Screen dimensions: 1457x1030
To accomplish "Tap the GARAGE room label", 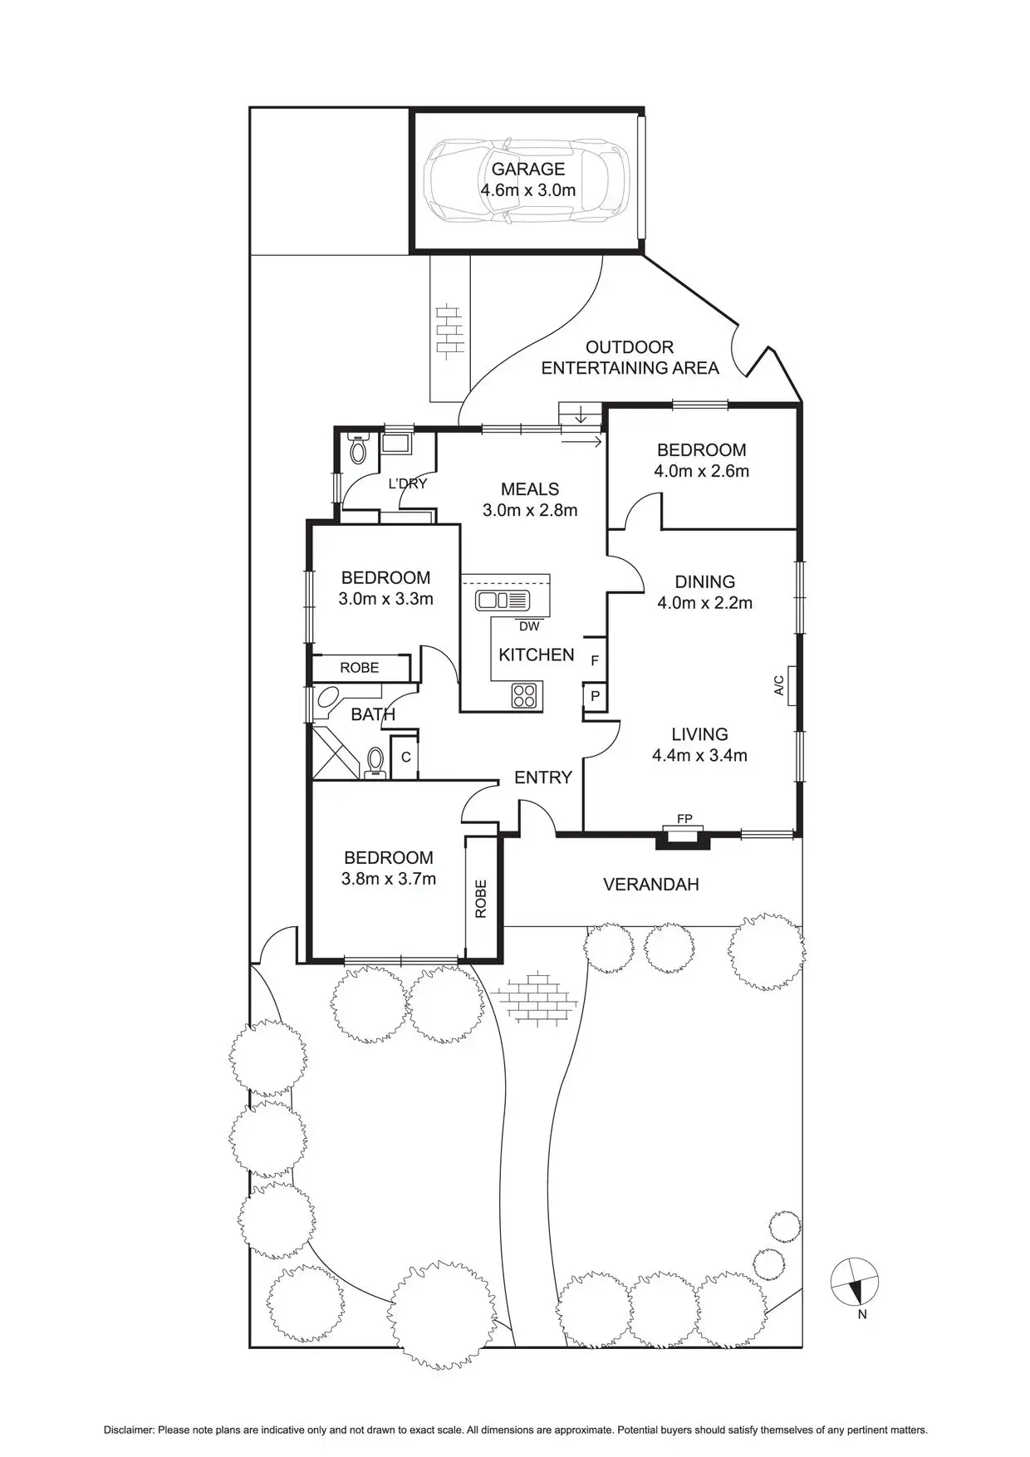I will pyautogui.click(x=527, y=169).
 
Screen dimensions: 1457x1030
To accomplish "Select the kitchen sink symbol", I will pyautogui.click(x=502, y=600).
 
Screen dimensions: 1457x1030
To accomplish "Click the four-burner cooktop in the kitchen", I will pyautogui.click(x=524, y=694).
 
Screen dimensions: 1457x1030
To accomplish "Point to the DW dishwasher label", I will pyautogui.click(x=528, y=626).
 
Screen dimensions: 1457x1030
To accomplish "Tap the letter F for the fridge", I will pyautogui.click(x=594, y=661).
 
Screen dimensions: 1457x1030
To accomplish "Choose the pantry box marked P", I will pyautogui.click(x=595, y=696).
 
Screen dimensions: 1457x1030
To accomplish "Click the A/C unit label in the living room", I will pyautogui.click(x=778, y=685).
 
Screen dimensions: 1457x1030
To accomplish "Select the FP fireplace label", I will pyautogui.click(x=684, y=819).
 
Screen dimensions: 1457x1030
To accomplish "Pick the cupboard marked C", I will pyautogui.click(x=405, y=757).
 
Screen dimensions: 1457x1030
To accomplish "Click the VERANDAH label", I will pyautogui.click(x=650, y=885).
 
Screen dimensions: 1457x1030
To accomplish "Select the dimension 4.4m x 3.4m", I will pyautogui.click(x=699, y=755).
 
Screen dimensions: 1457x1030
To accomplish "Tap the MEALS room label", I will pyautogui.click(x=530, y=489).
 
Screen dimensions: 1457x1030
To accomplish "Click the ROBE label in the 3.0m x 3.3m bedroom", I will pyautogui.click(x=359, y=667).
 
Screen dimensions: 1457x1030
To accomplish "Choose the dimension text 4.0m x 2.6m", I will pyautogui.click(x=701, y=471).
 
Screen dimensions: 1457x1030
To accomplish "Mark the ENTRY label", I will pyautogui.click(x=543, y=778).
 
